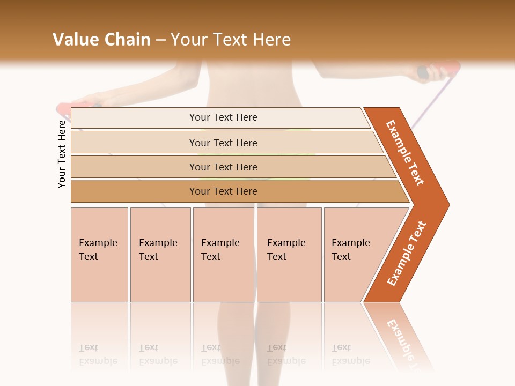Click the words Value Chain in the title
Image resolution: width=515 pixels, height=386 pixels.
(101, 40)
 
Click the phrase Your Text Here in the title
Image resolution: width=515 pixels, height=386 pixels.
(231, 40)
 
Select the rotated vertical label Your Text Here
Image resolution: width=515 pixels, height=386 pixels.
(62, 154)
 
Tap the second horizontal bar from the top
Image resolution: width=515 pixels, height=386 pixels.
(223, 143)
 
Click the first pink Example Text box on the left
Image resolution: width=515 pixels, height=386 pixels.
(99, 255)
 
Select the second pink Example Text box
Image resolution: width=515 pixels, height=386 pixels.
(160, 255)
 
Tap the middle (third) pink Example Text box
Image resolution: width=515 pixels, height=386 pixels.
(223, 255)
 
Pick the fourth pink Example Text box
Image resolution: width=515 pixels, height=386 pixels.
(289, 255)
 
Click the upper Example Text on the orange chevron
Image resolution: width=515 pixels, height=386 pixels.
(405, 153)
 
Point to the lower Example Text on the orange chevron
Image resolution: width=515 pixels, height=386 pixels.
(407, 253)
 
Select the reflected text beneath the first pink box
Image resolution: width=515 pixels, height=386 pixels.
(98, 354)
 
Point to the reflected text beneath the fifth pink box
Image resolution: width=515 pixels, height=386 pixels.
(351, 354)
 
